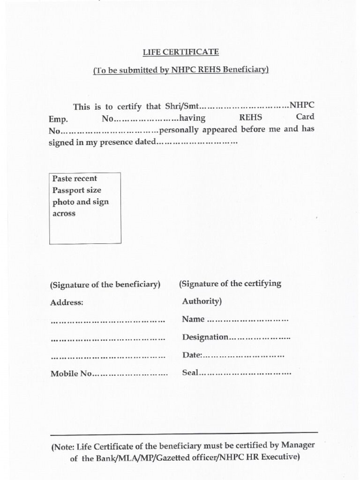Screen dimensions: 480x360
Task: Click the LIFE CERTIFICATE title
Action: (180, 52)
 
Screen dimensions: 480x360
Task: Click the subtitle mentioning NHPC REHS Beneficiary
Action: (180, 70)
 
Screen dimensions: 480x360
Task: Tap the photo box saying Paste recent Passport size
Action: (85, 208)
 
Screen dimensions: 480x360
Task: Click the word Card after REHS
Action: (305, 117)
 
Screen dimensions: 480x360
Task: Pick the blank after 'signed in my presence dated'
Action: (197, 142)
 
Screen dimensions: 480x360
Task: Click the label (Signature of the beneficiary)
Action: (105, 285)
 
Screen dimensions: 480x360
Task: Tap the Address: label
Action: (67, 303)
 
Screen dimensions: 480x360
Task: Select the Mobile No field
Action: (109, 374)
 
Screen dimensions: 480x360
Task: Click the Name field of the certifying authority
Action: (235, 320)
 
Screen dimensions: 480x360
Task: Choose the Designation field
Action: (236, 337)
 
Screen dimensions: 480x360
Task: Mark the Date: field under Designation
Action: (233, 356)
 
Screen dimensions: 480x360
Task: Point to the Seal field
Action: (236, 374)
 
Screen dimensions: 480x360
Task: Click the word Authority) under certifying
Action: (202, 301)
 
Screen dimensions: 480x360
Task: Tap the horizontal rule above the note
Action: (184, 433)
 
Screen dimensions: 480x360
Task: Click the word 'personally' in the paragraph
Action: (179, 130)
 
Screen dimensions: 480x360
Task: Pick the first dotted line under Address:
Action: (107, 321)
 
